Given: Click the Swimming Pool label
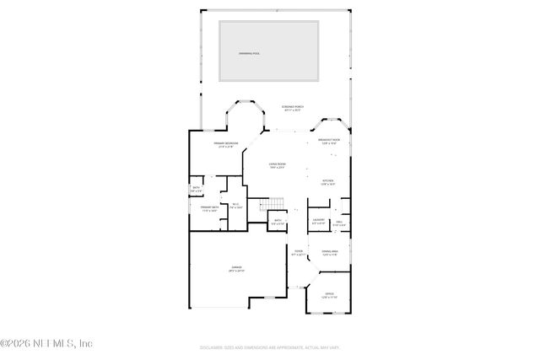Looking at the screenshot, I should pyautogui.click(x=248, y=52).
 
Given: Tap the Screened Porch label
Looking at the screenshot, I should pyautogui.click(x=293, y=109).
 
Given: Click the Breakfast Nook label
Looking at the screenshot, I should pyautogui.click(x=329, y=141).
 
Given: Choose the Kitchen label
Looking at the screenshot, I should pyautogui.click(x=328, y=181).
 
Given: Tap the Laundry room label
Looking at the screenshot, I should pyautogui.click(x=319, y=222).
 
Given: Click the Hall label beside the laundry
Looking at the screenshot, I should pyautogui.click(x=338, y=223).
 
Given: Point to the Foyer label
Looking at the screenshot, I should pyautogui.click(x=298, y=253).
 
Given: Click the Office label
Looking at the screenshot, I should pyautogui.click(x=329, y=296).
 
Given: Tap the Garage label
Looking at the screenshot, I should pyautogui.click(x=225, y=269).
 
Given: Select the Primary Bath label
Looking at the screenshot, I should pyautogui.click(x=210, y=208).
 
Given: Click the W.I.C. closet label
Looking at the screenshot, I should pyautogui.click(x=235, y=205).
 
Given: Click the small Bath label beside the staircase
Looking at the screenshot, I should pyautogui.click(x=278, y=223).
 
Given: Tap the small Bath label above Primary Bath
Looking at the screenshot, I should pyautogui.click(x=196, y=190).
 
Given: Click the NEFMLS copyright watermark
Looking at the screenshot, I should pyautogui.click(x=46, y=343).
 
